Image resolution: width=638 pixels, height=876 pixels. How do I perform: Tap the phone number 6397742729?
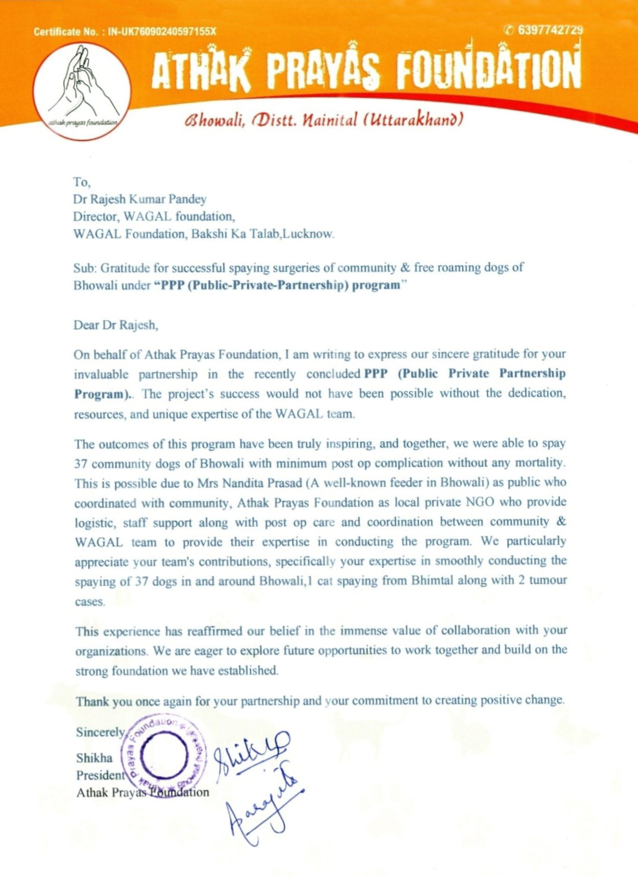[549, 31]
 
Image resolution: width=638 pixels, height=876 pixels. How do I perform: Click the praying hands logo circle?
[82, 91]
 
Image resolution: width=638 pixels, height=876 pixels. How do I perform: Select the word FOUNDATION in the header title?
[489, 70]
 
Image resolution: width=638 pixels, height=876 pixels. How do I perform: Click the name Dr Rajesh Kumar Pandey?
[140, 199]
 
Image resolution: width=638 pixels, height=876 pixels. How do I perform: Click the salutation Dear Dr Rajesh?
[116, 325]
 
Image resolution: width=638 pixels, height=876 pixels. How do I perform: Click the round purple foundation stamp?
[163, 755]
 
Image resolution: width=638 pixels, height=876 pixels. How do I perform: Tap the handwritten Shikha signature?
[251, 754]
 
